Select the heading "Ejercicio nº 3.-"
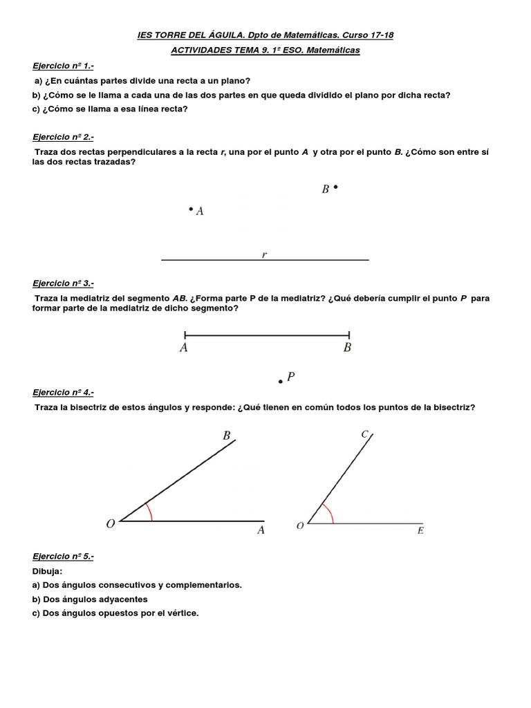point(63,283)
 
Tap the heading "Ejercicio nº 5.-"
point(63,555)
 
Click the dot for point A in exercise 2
point(191,209)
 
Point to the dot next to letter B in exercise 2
point(336,187)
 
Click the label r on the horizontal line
point(264,254)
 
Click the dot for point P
point(280,381)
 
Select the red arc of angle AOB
point(151,512)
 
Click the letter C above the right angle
point(364,434)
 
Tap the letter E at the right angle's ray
point(420,530)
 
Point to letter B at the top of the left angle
point(226,436)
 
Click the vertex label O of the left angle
point(110,525)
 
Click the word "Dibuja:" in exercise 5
point(48,571)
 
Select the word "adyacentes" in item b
point(124,599)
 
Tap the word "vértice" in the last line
point(181,613)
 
